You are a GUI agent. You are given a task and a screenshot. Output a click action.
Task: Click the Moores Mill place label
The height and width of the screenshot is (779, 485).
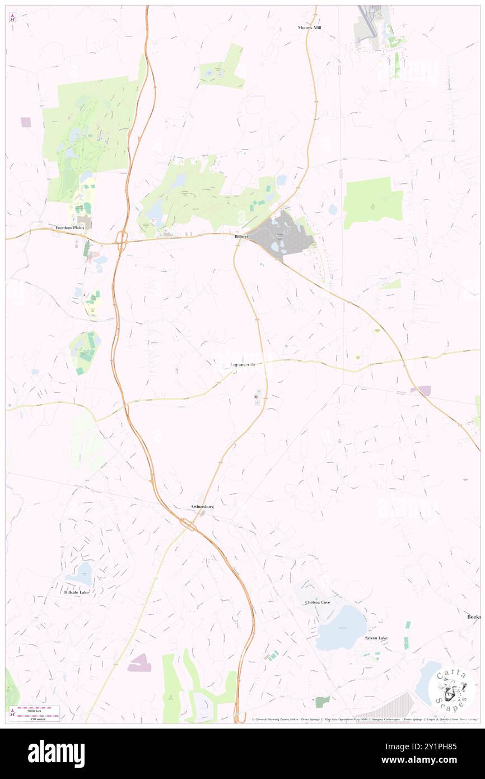pos(308,27)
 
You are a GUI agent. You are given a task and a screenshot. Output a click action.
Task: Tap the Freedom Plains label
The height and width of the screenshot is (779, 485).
pos(73,228)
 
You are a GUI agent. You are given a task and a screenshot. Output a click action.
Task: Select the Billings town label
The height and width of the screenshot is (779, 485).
pos(241,237)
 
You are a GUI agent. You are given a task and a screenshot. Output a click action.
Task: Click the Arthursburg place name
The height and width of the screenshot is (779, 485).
pos(202,507)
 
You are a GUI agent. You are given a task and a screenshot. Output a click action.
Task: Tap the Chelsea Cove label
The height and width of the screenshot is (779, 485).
pos(318,602)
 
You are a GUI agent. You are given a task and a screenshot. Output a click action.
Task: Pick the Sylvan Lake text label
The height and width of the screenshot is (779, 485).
pos(376,638)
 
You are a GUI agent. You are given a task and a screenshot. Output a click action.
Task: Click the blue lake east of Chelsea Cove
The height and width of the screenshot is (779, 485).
pos(341,628)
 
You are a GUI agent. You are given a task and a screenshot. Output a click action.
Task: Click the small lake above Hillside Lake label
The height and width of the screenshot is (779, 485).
pos(82,574)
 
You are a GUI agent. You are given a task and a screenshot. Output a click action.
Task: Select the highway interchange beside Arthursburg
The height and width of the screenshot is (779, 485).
pos(188,524)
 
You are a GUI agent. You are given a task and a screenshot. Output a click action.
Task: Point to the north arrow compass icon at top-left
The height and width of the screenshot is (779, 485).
pos(12,17)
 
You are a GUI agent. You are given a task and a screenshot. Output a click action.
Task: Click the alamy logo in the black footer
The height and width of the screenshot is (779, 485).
pos(56,753)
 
